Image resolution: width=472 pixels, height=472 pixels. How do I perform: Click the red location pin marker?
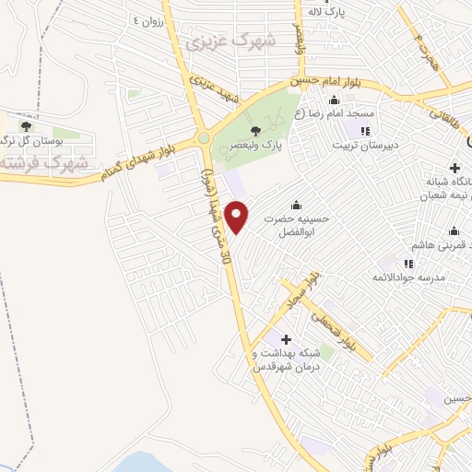pyautogui.click(x=238, y=217)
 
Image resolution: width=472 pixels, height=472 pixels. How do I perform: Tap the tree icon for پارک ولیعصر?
pyautogui.click(x=268, y=130)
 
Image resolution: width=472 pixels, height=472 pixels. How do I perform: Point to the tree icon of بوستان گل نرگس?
pyautogui.click(x=25, y=124)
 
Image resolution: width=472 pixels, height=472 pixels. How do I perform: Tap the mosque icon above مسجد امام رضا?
pyautogui.click(x=334, y=100)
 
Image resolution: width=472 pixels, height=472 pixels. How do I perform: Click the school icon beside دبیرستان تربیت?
pyautogui.click(x=367, y=130)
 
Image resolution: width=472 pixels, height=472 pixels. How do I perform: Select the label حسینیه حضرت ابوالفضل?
pyautogui.click(x=295, y=226)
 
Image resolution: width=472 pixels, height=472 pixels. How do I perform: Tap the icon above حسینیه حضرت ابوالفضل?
pyautogui.click(x=295, y=204)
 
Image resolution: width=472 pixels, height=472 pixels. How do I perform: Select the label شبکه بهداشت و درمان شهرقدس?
pyautogui.click(x=286, y=360)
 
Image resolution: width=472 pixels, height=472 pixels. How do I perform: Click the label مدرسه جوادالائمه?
pyautogui.click(x=410, y=277)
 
